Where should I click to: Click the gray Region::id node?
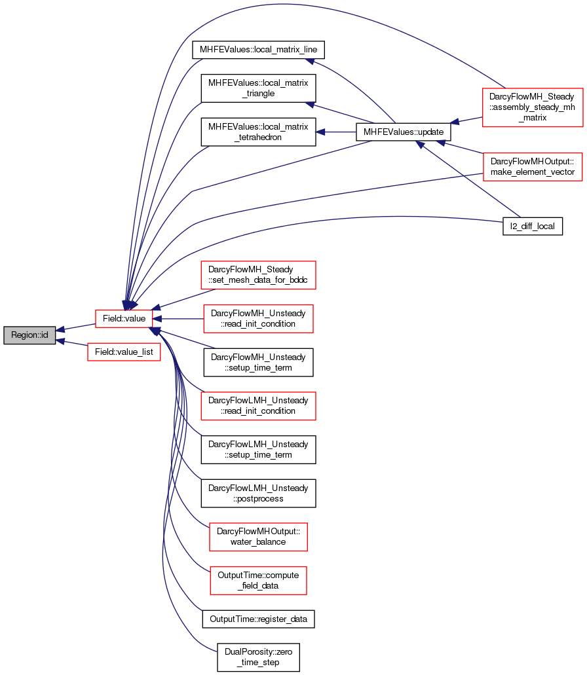tap(29, 335)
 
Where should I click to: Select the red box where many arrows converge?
tap(124, 319)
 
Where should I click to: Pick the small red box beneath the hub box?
tap(124, 352)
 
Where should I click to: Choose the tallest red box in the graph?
tap(533, 107)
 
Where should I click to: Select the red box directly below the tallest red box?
tap(533, 166)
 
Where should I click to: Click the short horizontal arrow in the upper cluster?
tap(335, 132)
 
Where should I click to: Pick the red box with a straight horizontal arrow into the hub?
tap(258, 319)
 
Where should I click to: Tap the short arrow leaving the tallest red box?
tap(466, 120)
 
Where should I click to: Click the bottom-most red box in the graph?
tap(258, 581)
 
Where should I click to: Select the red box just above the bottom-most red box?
tap(258, 537)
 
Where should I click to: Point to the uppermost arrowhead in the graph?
tap(311, 62)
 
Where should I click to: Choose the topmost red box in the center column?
tap(258, 275)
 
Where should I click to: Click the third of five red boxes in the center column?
tap(258, 406)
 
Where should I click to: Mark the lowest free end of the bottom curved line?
tap(216, 651)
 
